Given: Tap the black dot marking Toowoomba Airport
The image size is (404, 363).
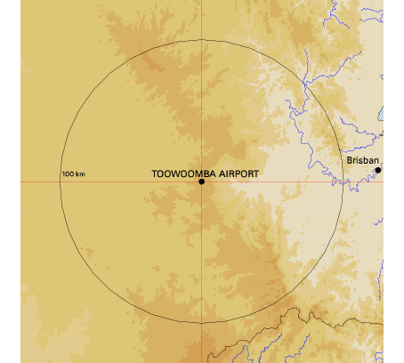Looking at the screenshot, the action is coord(202,181).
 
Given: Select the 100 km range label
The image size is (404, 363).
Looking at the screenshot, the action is coord(74,173).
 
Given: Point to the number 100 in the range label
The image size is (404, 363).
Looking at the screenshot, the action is coord(69,173).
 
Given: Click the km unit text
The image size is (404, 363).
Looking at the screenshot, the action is coord(80,173).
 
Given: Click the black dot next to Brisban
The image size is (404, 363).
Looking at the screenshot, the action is coord(378,169).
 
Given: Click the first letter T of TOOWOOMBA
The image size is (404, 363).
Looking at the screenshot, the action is coord(156,173).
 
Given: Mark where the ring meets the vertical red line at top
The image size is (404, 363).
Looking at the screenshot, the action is coord(202,41).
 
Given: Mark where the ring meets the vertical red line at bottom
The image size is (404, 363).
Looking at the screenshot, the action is coord(202,321).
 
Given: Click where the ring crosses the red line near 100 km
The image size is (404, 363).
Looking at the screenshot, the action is coord(61,181).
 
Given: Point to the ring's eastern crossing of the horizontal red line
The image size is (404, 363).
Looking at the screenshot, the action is coord(343,181).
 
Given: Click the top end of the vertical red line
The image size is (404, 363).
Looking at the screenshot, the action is coord(202,2).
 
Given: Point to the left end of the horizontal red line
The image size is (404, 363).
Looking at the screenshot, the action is coord(21,181).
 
